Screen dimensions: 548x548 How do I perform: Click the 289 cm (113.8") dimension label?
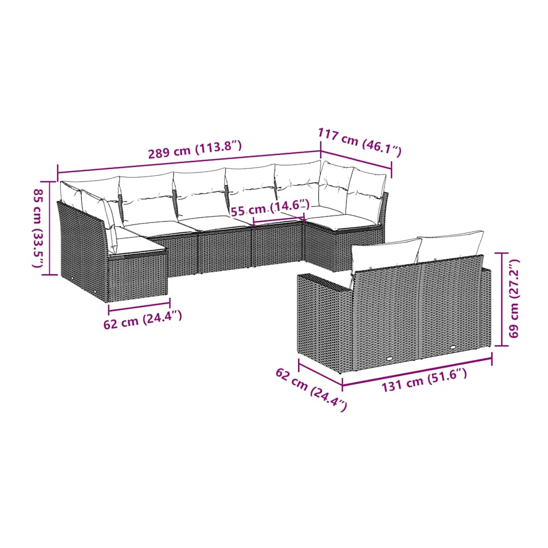(195, 149)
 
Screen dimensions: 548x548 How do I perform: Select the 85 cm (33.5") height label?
(38, 229)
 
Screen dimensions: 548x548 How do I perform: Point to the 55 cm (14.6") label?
(270, 208)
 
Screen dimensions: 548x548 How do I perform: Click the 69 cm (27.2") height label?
(514, 298)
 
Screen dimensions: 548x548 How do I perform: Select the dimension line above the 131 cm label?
(417, 370)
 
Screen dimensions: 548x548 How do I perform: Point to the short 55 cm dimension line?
(279, 220)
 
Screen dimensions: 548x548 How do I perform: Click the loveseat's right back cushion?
(450, 245)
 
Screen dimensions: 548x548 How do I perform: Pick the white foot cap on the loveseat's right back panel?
(453, 348)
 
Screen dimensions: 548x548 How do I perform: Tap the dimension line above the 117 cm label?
(356, 159)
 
